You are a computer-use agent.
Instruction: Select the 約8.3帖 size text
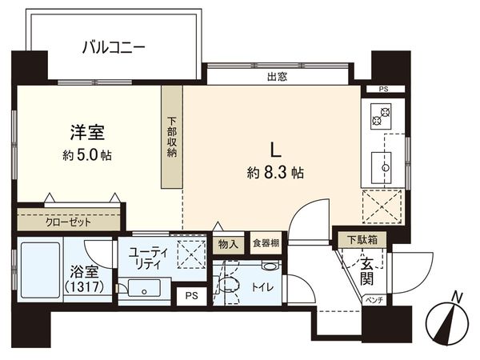276,170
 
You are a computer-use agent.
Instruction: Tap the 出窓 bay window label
278,77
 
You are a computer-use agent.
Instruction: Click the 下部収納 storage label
172,138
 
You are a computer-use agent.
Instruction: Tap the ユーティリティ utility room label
144,257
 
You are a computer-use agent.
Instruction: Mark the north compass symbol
447,320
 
